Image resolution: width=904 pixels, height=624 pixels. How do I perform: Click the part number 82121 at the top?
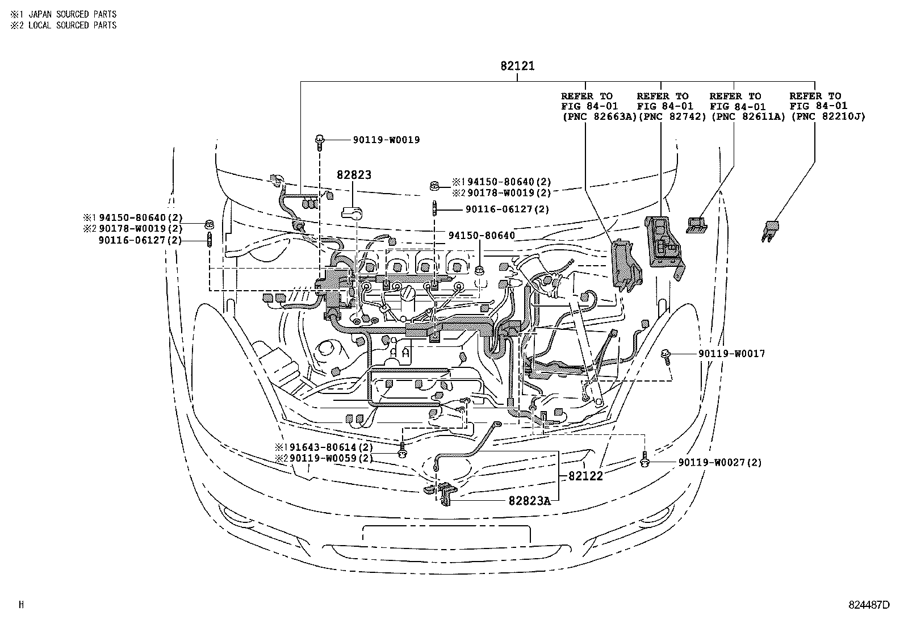pos(517,66)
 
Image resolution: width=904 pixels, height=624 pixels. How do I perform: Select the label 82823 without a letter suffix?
pos(353,175)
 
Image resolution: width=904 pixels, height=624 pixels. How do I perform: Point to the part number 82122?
pos(585,476)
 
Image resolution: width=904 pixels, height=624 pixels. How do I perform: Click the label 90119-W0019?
pos(386,140)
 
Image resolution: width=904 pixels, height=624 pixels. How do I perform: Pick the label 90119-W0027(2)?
pos(720,462)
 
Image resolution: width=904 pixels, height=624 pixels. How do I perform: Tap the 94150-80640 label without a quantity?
pos(482,235)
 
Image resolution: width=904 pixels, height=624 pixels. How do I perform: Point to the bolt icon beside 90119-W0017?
pos(666,356)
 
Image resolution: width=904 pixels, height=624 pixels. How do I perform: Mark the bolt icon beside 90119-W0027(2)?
pos(644,459)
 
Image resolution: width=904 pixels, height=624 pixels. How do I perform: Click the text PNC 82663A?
pos(599,116)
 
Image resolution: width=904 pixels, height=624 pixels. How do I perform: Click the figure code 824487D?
pos(869,605)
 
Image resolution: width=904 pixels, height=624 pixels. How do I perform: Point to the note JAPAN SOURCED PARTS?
pos(72,14)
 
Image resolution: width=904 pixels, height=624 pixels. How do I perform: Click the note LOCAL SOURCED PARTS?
pos(72,25)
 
